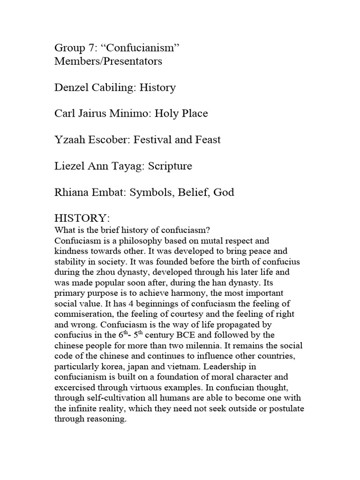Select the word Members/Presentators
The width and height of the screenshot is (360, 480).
click(x=108, y=61)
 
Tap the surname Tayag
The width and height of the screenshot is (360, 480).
click(x=121, y=166)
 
